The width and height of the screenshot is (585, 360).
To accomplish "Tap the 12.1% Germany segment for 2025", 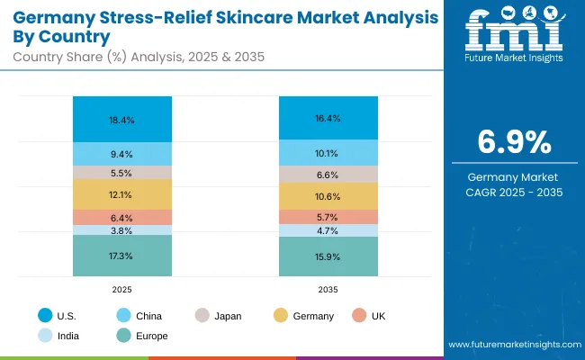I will tap(122, 194).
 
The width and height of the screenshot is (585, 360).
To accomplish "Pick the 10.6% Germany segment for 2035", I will tap(328, 197).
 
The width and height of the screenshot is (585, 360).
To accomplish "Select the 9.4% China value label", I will tap(122, 154).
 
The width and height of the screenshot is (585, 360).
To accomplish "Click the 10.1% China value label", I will tap(328, 153).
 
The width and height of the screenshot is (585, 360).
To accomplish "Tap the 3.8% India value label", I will tap(122, 230).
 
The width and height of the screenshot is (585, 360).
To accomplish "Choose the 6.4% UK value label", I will tap(122, 217).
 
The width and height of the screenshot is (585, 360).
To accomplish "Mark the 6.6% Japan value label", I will tap(328, 175).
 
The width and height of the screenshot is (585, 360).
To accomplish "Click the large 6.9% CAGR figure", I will tap(512, 144).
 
